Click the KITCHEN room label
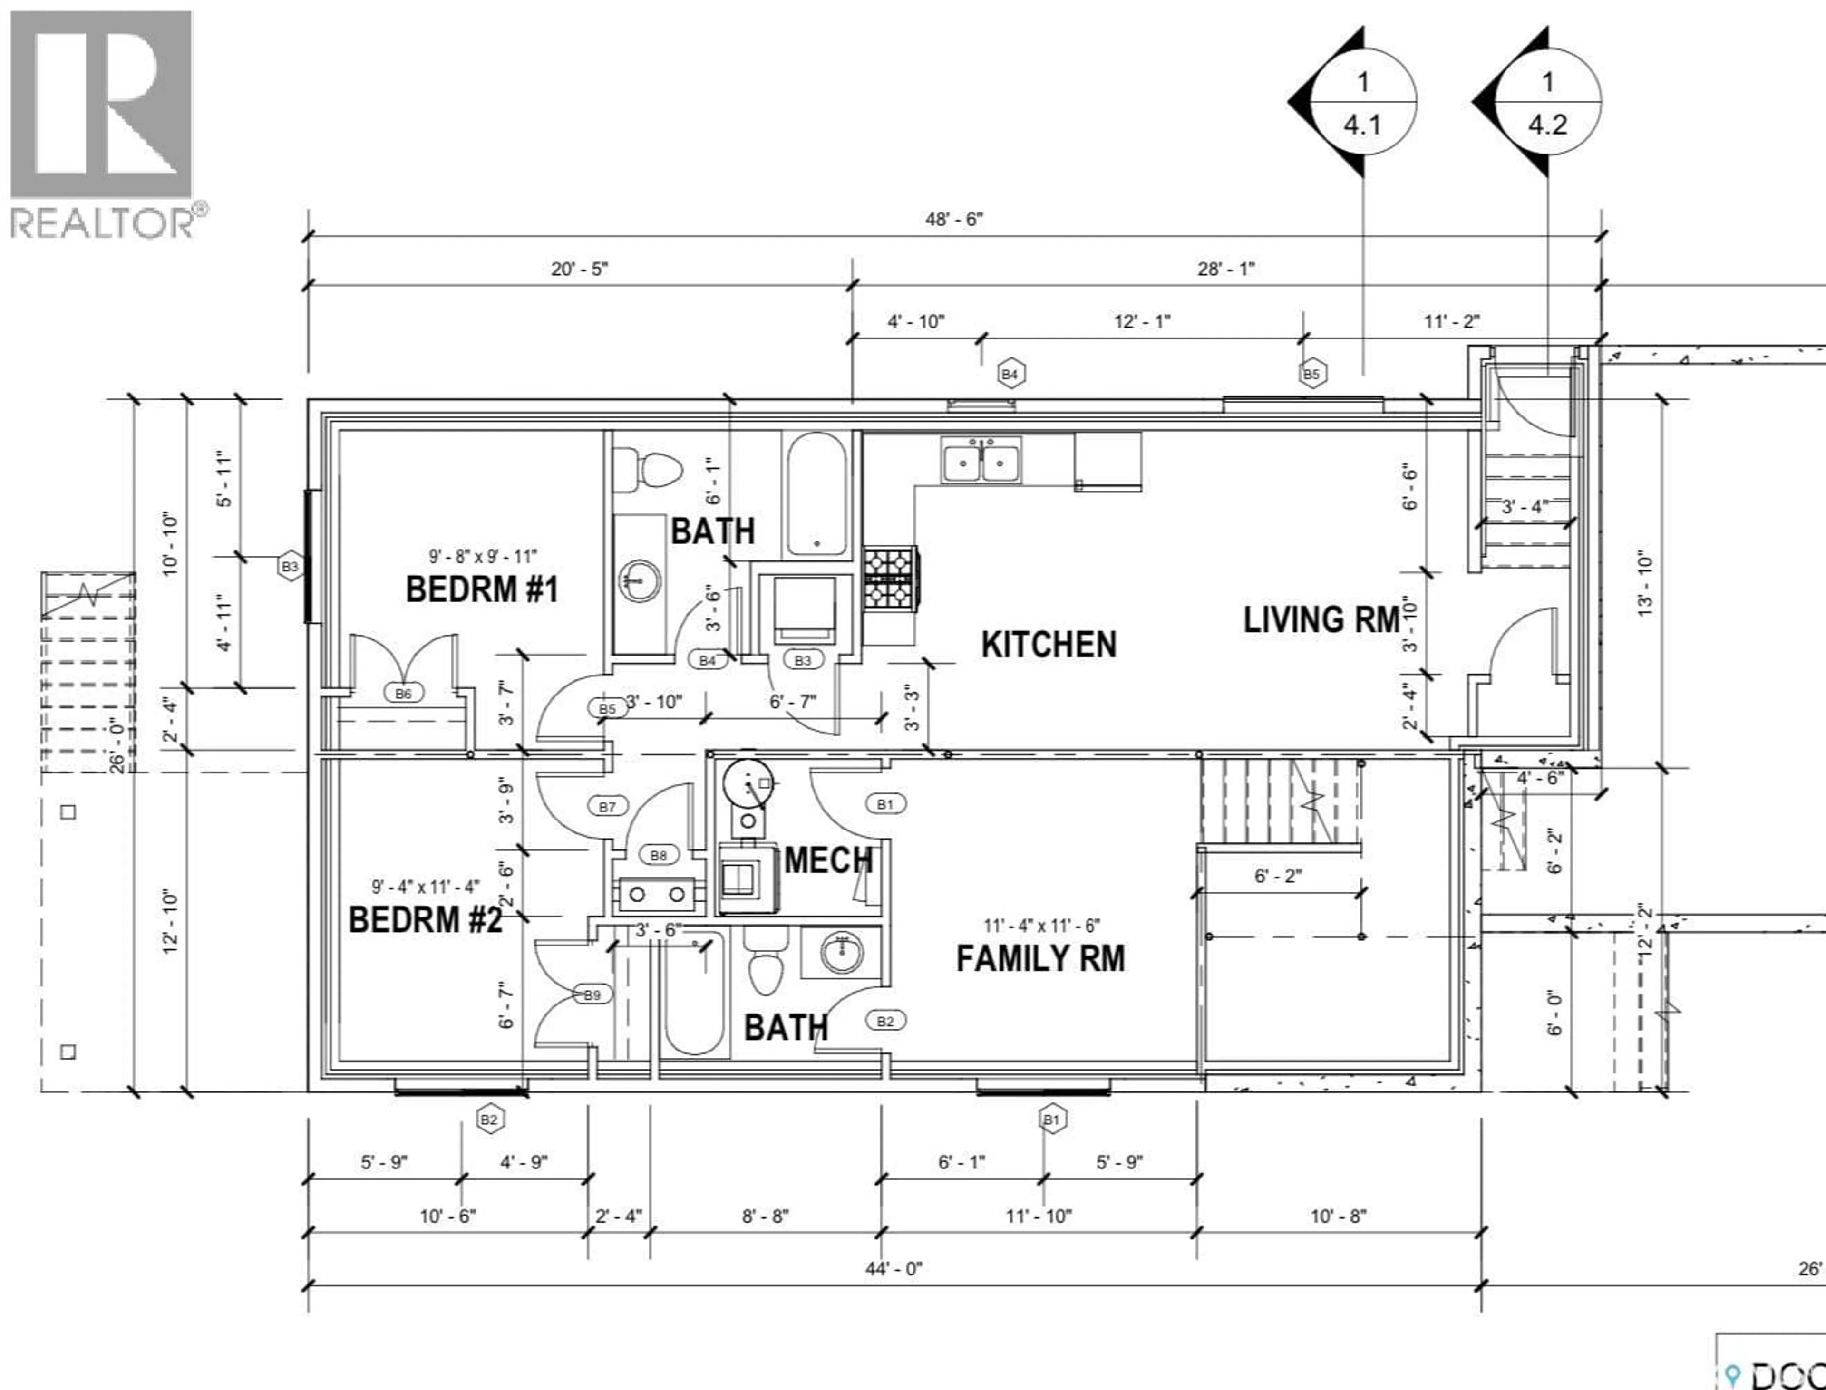(x=1048, y=645)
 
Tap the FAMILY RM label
(x=1040, y=958)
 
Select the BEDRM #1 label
(x=482, y=589)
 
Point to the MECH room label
(x=828, y=860)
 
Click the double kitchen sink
(x=981, y=461)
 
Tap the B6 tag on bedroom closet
(x=403, y=694)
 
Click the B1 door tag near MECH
(x=885, y=803)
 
